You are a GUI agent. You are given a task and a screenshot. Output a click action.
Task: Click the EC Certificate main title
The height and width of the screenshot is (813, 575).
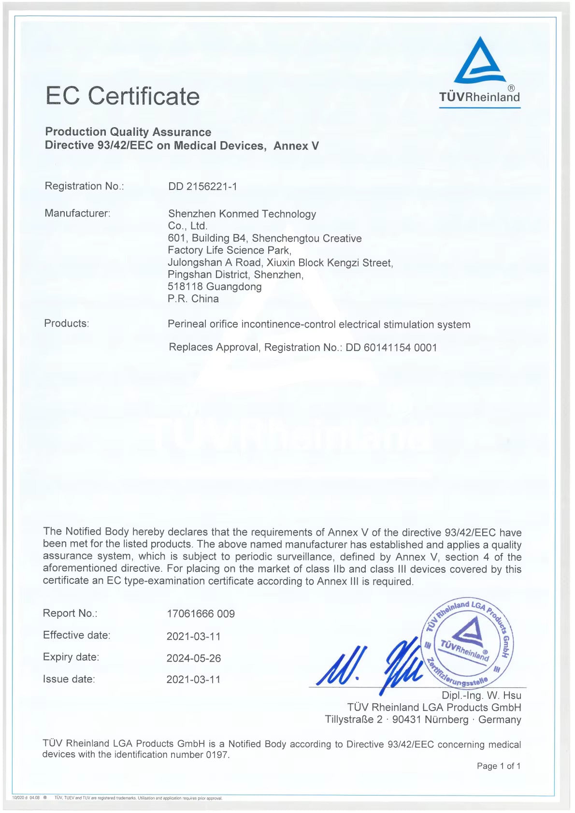click(122, 96)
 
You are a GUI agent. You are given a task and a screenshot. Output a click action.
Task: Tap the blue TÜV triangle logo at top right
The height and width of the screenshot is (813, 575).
click(479, 60)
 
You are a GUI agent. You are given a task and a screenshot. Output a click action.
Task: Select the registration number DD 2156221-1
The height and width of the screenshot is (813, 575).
click(202, 187)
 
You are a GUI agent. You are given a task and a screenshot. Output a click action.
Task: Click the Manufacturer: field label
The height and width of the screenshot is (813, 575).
click(77, 213)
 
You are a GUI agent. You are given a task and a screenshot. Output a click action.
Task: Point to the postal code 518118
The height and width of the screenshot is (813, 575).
click(185, 287)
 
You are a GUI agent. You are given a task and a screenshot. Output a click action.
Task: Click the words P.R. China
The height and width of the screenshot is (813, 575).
click(193, 299)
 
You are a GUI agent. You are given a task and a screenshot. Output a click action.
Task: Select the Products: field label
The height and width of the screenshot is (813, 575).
click(67, 323)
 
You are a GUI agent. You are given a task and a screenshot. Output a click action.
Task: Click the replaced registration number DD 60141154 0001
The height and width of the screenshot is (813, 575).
click(391, 348)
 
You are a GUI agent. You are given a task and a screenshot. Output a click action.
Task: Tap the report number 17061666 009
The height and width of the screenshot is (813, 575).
click(201, 614)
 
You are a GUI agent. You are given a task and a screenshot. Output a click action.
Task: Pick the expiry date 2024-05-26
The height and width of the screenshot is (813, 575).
click(193, 658)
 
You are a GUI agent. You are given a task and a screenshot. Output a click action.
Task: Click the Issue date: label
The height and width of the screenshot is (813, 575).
click(69, 679)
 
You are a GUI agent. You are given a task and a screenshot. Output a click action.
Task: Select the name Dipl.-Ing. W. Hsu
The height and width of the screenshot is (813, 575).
click(481, 696)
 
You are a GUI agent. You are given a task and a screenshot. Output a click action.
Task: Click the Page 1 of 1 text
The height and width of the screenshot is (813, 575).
click(498, 766)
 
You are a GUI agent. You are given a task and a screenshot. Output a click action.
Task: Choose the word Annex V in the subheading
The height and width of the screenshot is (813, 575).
click(296, 145)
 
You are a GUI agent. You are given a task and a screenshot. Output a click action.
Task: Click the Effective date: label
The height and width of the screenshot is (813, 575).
click(76, 635)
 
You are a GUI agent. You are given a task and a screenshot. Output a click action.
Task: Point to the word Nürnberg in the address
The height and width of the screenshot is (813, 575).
click(447, 720)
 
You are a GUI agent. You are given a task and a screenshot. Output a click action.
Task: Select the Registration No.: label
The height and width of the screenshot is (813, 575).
click(84, 186)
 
